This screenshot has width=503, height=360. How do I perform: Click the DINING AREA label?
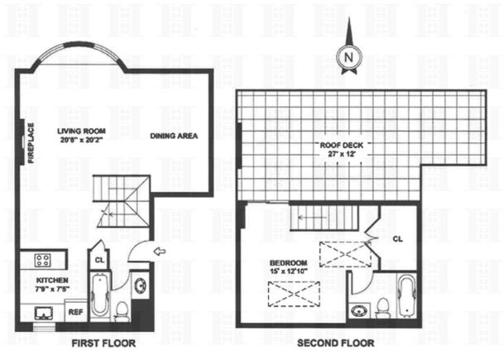coord(173,137)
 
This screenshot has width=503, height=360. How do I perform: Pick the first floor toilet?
coord(122,311)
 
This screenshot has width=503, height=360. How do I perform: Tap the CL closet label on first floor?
coord(98,257)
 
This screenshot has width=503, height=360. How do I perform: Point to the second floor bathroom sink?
coord(360,312)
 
